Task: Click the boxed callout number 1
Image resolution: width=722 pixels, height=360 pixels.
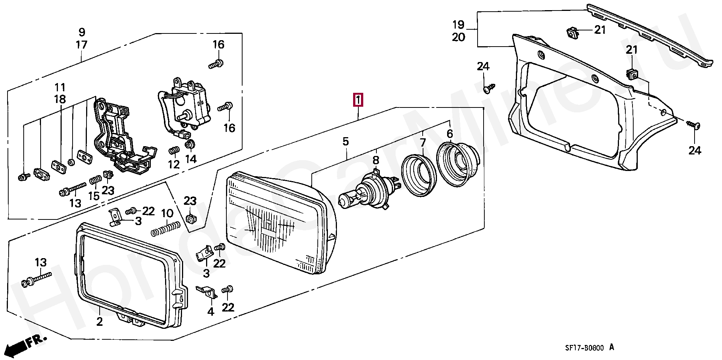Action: point(358,100)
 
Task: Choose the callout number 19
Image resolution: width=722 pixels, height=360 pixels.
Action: point(458,25)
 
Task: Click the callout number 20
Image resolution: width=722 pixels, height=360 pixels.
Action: point(458,37)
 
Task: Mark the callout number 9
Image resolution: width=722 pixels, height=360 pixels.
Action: point(82,32)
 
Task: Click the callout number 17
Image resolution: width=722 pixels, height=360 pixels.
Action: point(82,45)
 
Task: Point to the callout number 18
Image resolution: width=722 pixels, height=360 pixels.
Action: point(60,99)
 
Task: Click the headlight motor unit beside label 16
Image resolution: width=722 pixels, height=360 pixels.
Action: point(184,107)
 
